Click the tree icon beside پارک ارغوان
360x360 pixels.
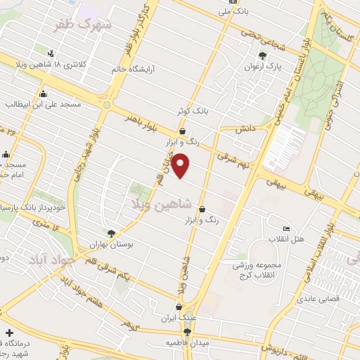coord(262,55)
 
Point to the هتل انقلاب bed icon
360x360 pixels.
coord(285,229)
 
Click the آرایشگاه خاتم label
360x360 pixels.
coord(135,70)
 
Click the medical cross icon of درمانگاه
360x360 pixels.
coord(8,332)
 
